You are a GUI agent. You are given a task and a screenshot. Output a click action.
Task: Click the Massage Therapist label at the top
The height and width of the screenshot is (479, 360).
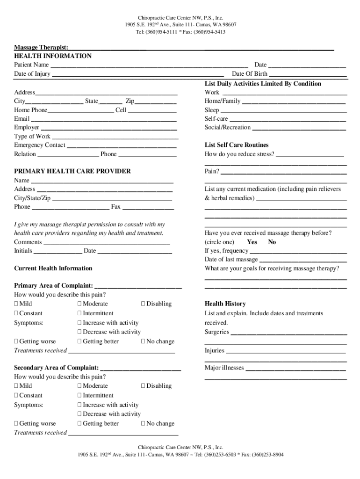coord(41,47)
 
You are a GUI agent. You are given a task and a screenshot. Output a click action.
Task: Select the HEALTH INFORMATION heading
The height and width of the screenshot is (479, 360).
coord(53,56)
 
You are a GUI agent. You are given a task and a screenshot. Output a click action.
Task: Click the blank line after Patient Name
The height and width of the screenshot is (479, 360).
coord(149,65)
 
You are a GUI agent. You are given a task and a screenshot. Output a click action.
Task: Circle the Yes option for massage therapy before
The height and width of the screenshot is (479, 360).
coord(252,242)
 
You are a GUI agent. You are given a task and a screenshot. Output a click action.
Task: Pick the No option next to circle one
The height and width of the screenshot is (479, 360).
coord(272,242)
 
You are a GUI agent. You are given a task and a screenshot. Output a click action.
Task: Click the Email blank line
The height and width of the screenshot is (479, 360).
coord(104,119)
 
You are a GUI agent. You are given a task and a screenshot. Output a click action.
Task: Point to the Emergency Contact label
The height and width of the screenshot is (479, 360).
coord(40,145)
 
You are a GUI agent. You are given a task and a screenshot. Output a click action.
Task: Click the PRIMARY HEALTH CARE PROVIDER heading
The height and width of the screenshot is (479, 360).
coord(72,171)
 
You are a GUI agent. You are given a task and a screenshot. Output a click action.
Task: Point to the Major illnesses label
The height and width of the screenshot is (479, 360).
coord(224,368)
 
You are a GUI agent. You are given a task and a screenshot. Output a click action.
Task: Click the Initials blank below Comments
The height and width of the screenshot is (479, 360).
coord(58,251)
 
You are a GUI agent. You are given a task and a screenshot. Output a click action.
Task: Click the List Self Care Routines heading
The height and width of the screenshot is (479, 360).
coord(237,145)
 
